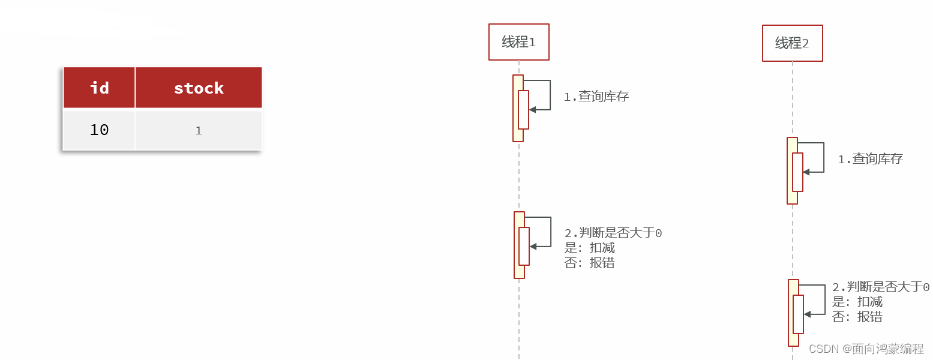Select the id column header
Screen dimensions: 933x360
pos(99,88)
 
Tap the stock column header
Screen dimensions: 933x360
pos(199,88)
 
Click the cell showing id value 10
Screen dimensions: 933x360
pos(99,130)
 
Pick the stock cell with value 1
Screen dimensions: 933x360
pos(199,130)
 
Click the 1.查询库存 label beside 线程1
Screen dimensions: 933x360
pos(596,97)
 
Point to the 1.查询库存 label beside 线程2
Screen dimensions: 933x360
pos(870,159)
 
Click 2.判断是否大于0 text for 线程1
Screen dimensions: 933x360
pos(613,233)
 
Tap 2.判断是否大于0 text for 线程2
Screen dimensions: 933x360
pos(881,287)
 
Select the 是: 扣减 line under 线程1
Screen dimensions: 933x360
pos(589,248)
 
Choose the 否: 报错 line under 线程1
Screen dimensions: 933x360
pos(589,263)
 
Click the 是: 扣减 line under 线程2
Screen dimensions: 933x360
pos(857,302)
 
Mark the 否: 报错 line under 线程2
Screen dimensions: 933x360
pos(857,317)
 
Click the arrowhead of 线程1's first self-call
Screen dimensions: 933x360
pos(532,110)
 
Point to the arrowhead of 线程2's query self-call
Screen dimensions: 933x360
pos(806,172)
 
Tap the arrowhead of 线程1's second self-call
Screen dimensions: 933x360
pos(533,247)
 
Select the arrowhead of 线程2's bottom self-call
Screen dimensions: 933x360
pos(807,314)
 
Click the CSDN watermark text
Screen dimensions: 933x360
pos(866,349)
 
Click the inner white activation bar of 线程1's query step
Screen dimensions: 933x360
pos(524,110)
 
